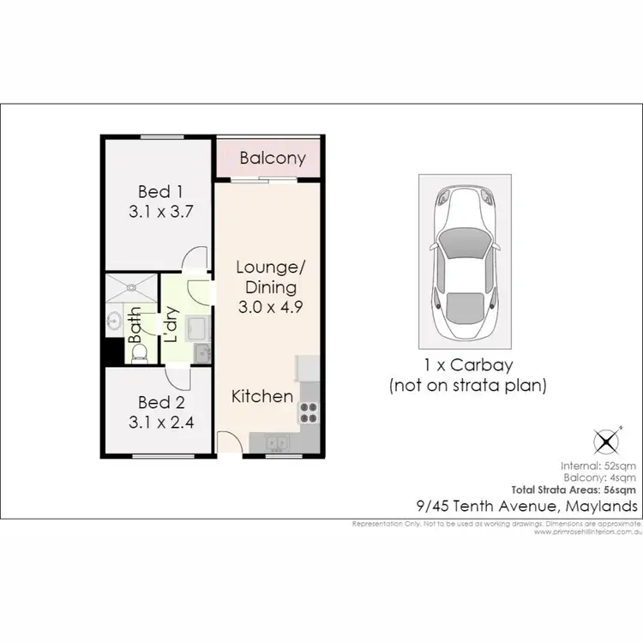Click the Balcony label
[x=273, y=159]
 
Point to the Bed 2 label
[x=160, y=401]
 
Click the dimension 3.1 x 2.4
[x=160, y=422]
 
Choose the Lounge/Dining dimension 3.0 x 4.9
[x=267, y=308]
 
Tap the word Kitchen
[x=262, y=396]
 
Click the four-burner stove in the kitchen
[x=308, y=412]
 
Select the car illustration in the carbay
[x=465, y=262]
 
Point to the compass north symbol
[x=607, y=442]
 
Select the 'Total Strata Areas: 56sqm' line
[x=584, y=490]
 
